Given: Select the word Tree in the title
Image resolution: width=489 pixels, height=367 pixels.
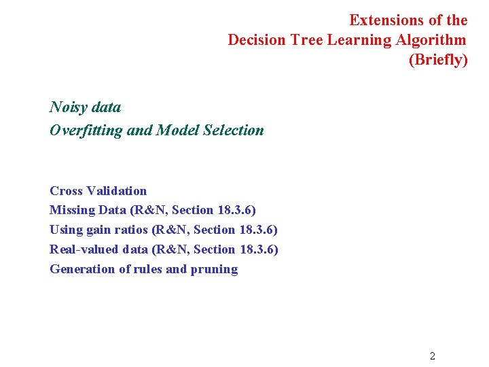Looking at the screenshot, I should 307,40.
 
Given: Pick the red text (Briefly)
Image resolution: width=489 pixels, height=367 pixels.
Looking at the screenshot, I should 438,60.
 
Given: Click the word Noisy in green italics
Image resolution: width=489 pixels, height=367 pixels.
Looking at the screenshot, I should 67,107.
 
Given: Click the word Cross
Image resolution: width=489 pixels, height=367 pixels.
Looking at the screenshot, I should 67,191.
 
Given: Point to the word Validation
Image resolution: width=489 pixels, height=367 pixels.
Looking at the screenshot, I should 117,191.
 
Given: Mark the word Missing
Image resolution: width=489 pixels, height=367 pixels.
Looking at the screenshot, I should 72,211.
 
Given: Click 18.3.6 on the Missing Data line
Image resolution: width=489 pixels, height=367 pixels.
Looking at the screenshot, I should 236,211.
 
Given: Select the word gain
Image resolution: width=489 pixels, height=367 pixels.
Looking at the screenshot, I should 98,230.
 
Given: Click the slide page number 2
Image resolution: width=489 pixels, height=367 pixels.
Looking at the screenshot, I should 433,355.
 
